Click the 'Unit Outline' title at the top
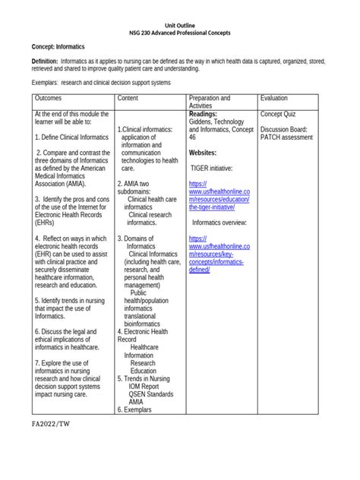(179, 26)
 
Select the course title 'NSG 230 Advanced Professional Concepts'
(179, 35)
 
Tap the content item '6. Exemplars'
(134, 409)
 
